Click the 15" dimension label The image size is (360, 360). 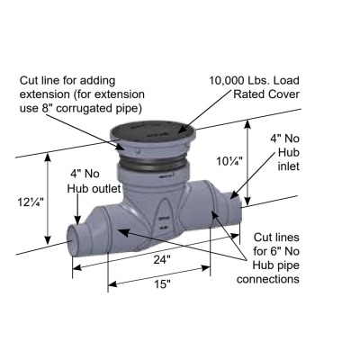pos(162,283)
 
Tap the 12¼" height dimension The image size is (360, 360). pos(31,202)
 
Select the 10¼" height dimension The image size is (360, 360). pos(229,161)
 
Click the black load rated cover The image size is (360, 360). pos(153,131)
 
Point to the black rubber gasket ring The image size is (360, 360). pos(153,164)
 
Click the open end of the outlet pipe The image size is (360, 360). pos(72,241)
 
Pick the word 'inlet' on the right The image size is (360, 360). pos(289,166)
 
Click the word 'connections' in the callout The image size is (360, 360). pos(268,279)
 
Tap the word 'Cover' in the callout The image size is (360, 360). pos(283,94)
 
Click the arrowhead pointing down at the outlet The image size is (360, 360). pos(77,220)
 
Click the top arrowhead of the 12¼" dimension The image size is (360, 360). pos(48,157)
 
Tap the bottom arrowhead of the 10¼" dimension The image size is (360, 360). pos(247,201)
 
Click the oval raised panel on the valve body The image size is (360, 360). pos(164,219)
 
